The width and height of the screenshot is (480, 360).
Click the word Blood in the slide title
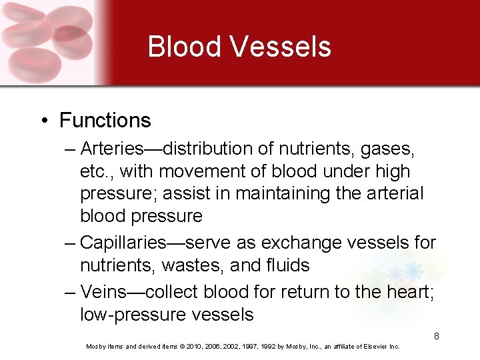point(184,47)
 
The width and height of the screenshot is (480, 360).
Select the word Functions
point(105,121)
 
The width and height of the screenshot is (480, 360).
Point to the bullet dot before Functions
point(43,121)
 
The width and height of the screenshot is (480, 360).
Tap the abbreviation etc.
point(95,171)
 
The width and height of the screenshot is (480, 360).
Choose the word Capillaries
point(130,243)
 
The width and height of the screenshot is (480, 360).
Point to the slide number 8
point(437,336)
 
